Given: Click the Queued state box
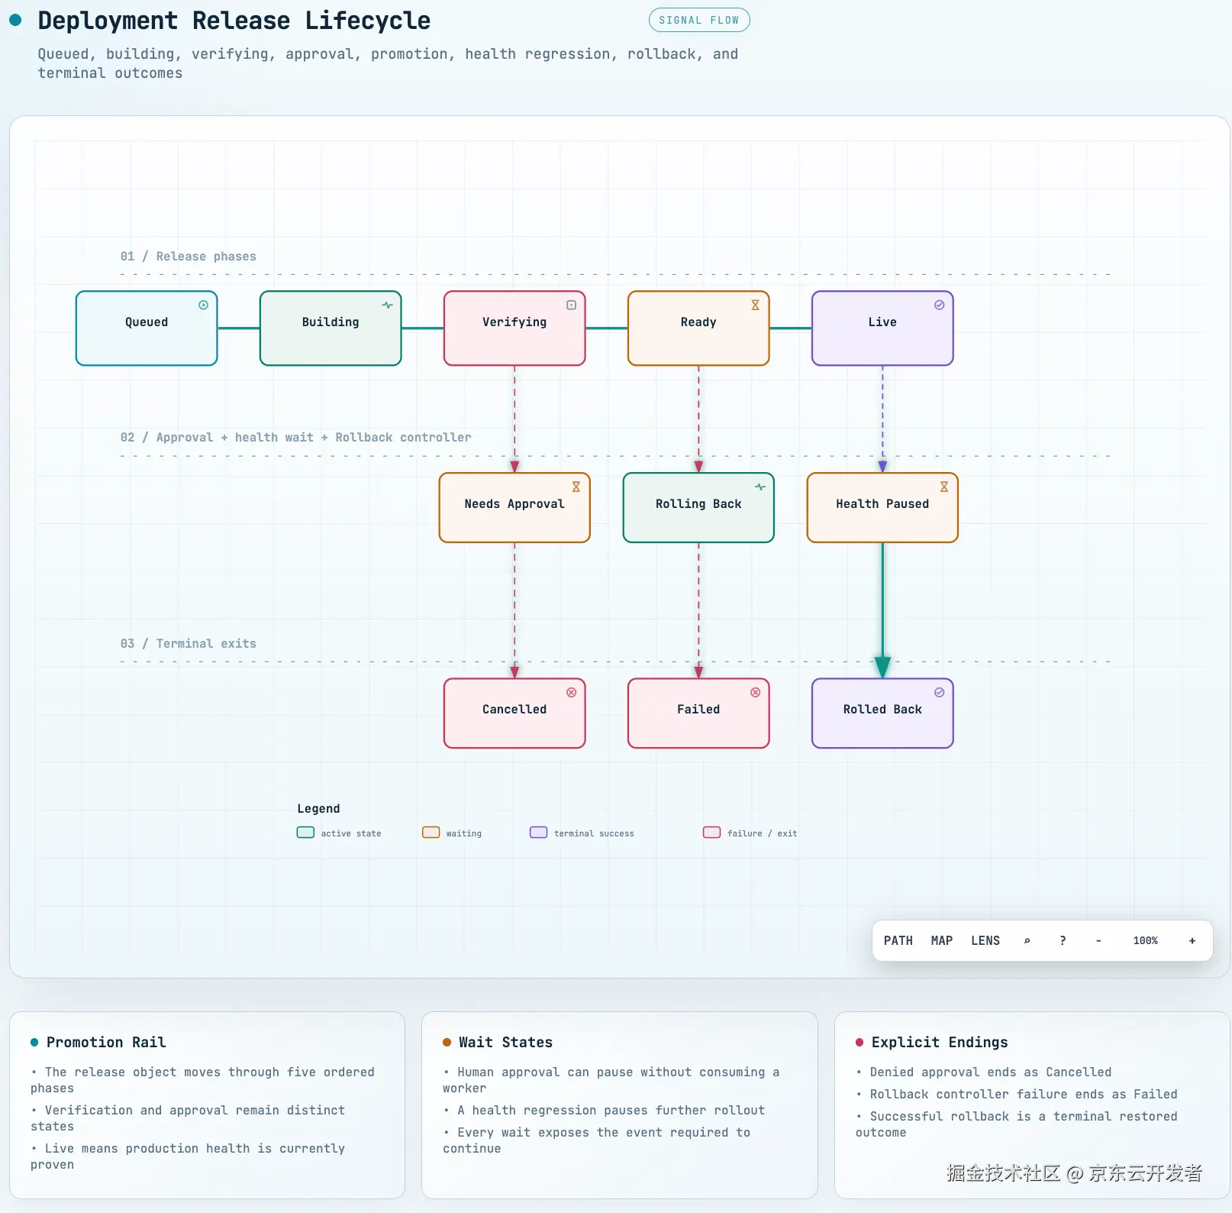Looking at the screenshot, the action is (x=147, y=328).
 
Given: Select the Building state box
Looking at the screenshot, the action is (x=331, y=328).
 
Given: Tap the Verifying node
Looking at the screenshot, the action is (x=514, y=328).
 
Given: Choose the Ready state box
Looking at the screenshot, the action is (x=698, y=328).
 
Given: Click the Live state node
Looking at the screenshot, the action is (x=882, y=328).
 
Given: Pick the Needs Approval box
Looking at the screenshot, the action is (x=514, y=507).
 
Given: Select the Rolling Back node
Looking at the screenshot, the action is (x=698, y=507).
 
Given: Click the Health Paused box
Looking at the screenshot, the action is (x=882, y=507).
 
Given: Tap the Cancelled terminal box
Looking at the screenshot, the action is (x=514, y=713).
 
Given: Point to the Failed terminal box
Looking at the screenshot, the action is (x=698, y=713).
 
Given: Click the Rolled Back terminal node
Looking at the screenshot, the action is (x=882, y=713).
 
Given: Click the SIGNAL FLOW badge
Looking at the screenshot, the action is (x=699, y=20).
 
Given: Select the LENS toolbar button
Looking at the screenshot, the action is (x=985, y=940).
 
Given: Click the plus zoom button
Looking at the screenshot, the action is (x=1192, y=940).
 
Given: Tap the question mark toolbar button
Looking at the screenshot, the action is (x=1063, y=940).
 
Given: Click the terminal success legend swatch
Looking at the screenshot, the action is (x=538, y=833).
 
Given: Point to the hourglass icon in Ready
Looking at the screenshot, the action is (x=755, y=305).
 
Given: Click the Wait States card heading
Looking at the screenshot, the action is (x=505, y=1042).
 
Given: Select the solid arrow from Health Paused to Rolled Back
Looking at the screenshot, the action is (x=882, y=610).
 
